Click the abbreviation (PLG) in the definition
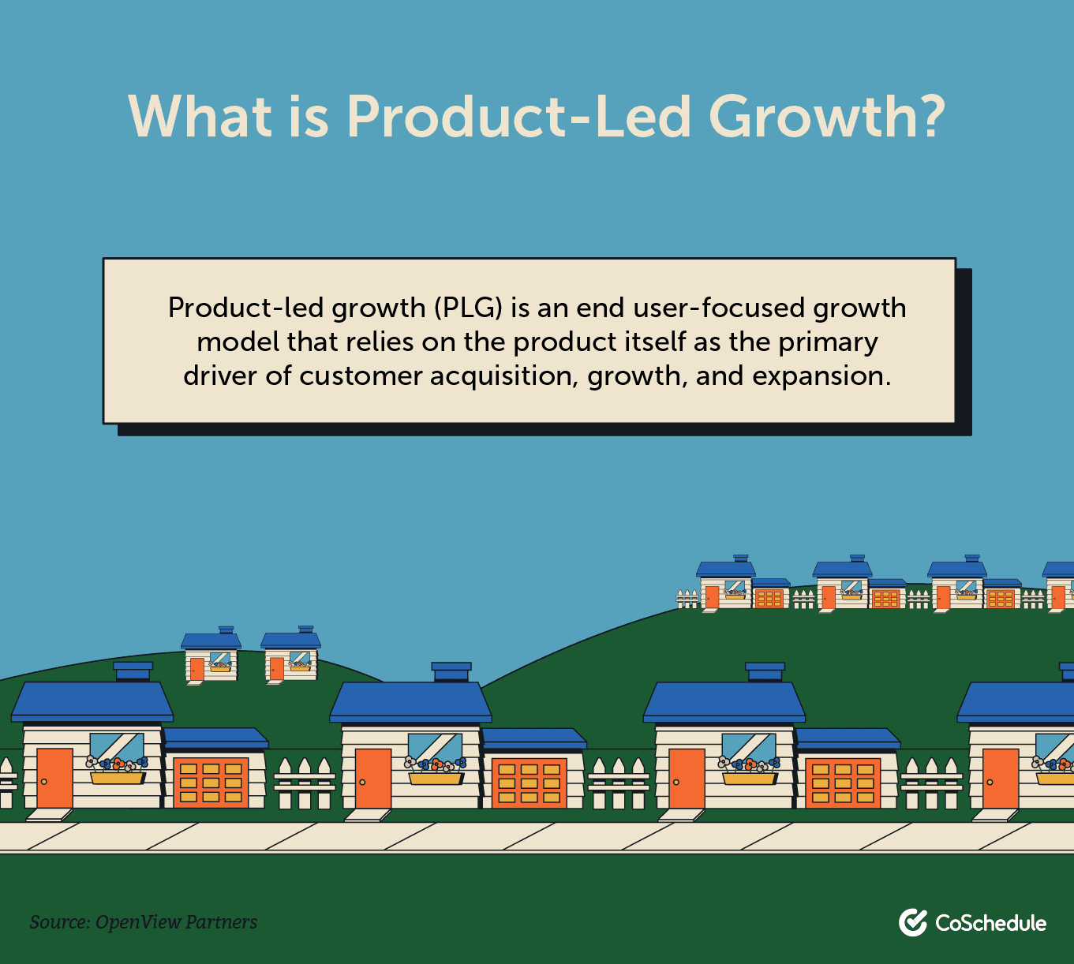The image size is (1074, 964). click(468, 308)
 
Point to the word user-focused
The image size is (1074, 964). click(718, 308)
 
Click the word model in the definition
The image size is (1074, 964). click(238, 342)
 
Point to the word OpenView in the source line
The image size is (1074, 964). click(138, 922)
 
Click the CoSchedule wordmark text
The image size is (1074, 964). click(991, 923)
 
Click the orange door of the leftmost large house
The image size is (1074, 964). click(54, 778)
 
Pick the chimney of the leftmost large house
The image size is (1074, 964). click(133, 671)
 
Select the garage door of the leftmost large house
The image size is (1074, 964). click(211, 783)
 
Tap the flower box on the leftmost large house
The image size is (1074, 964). click(118, 778)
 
